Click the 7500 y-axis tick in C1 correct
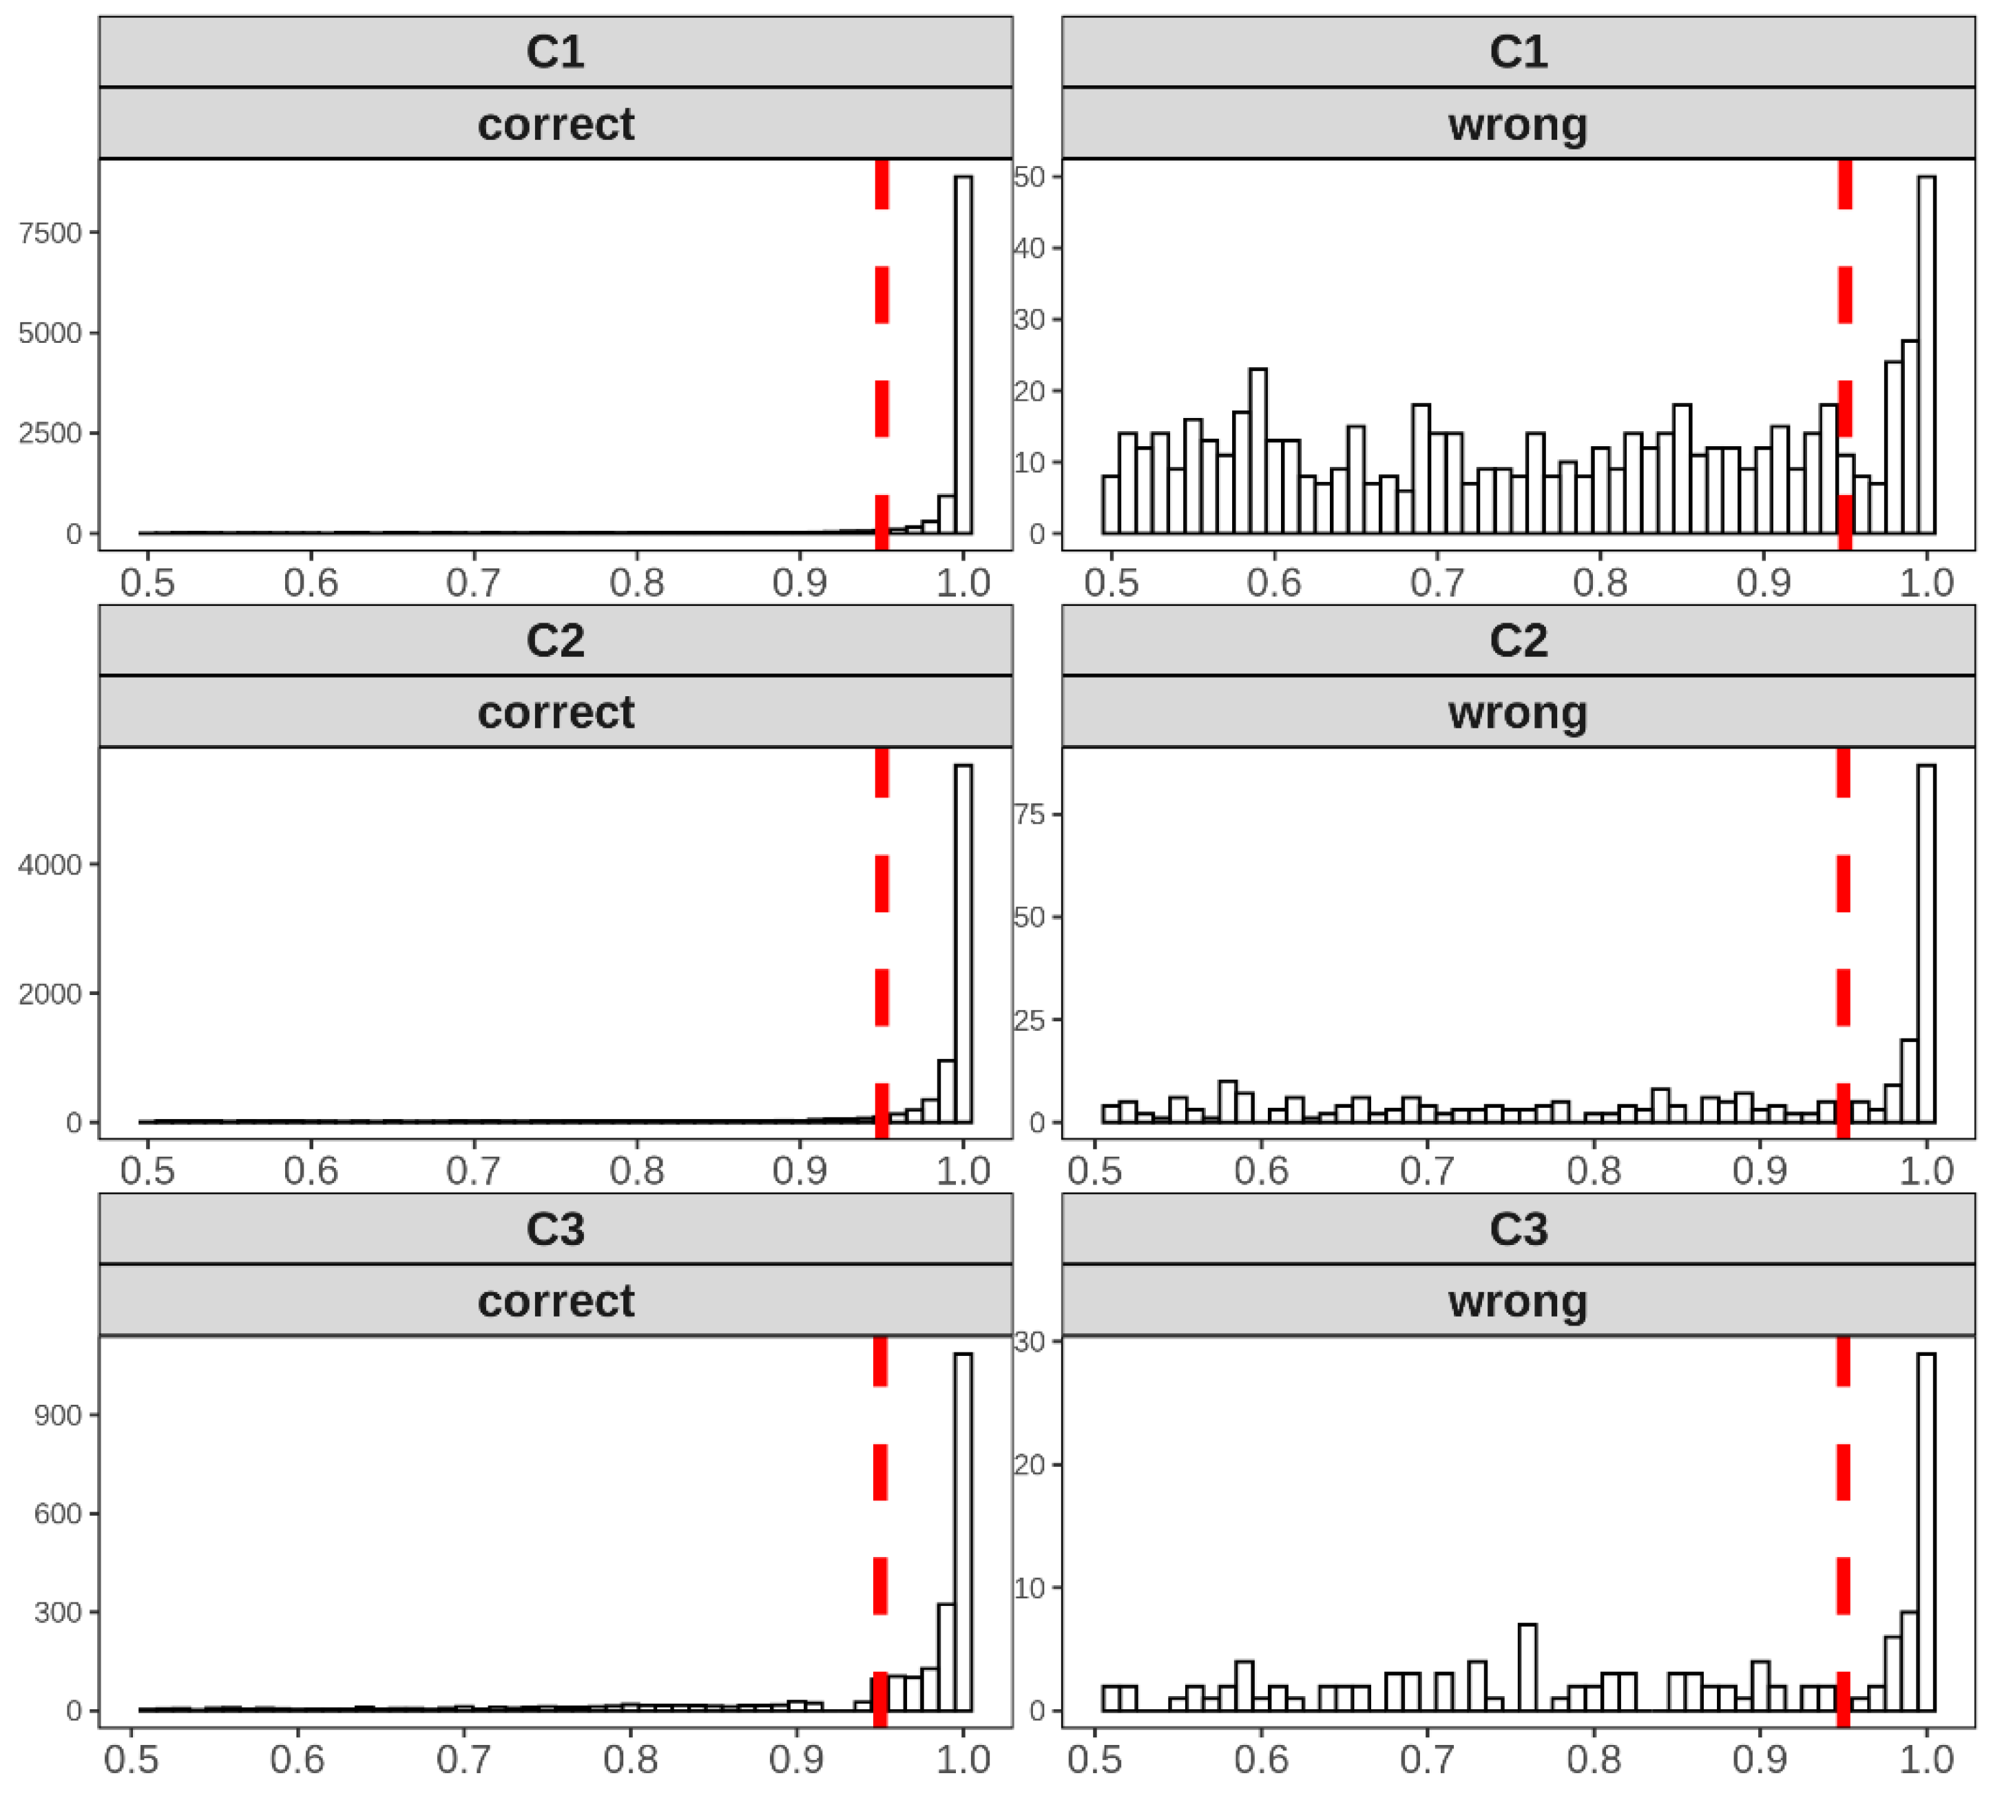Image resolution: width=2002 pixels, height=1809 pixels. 50,233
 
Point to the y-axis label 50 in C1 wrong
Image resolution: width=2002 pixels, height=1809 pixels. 1030,177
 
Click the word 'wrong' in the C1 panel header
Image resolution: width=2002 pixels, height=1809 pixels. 1517,125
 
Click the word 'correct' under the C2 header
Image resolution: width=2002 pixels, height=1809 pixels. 555,713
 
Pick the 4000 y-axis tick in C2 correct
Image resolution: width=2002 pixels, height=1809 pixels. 50,865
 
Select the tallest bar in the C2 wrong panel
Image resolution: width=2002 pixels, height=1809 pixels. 1926,943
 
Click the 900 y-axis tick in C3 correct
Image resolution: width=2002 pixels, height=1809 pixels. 58,1415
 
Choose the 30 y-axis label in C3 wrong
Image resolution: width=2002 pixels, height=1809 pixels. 1030,1341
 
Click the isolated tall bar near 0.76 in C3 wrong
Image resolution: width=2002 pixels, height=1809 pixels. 1527,1668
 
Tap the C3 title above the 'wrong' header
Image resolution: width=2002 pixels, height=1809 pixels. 1517,1229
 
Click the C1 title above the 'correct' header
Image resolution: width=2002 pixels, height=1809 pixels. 555,52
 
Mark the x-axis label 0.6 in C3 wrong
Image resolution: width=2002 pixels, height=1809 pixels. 1261,1760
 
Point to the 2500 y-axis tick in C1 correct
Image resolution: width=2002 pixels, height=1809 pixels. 50,433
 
